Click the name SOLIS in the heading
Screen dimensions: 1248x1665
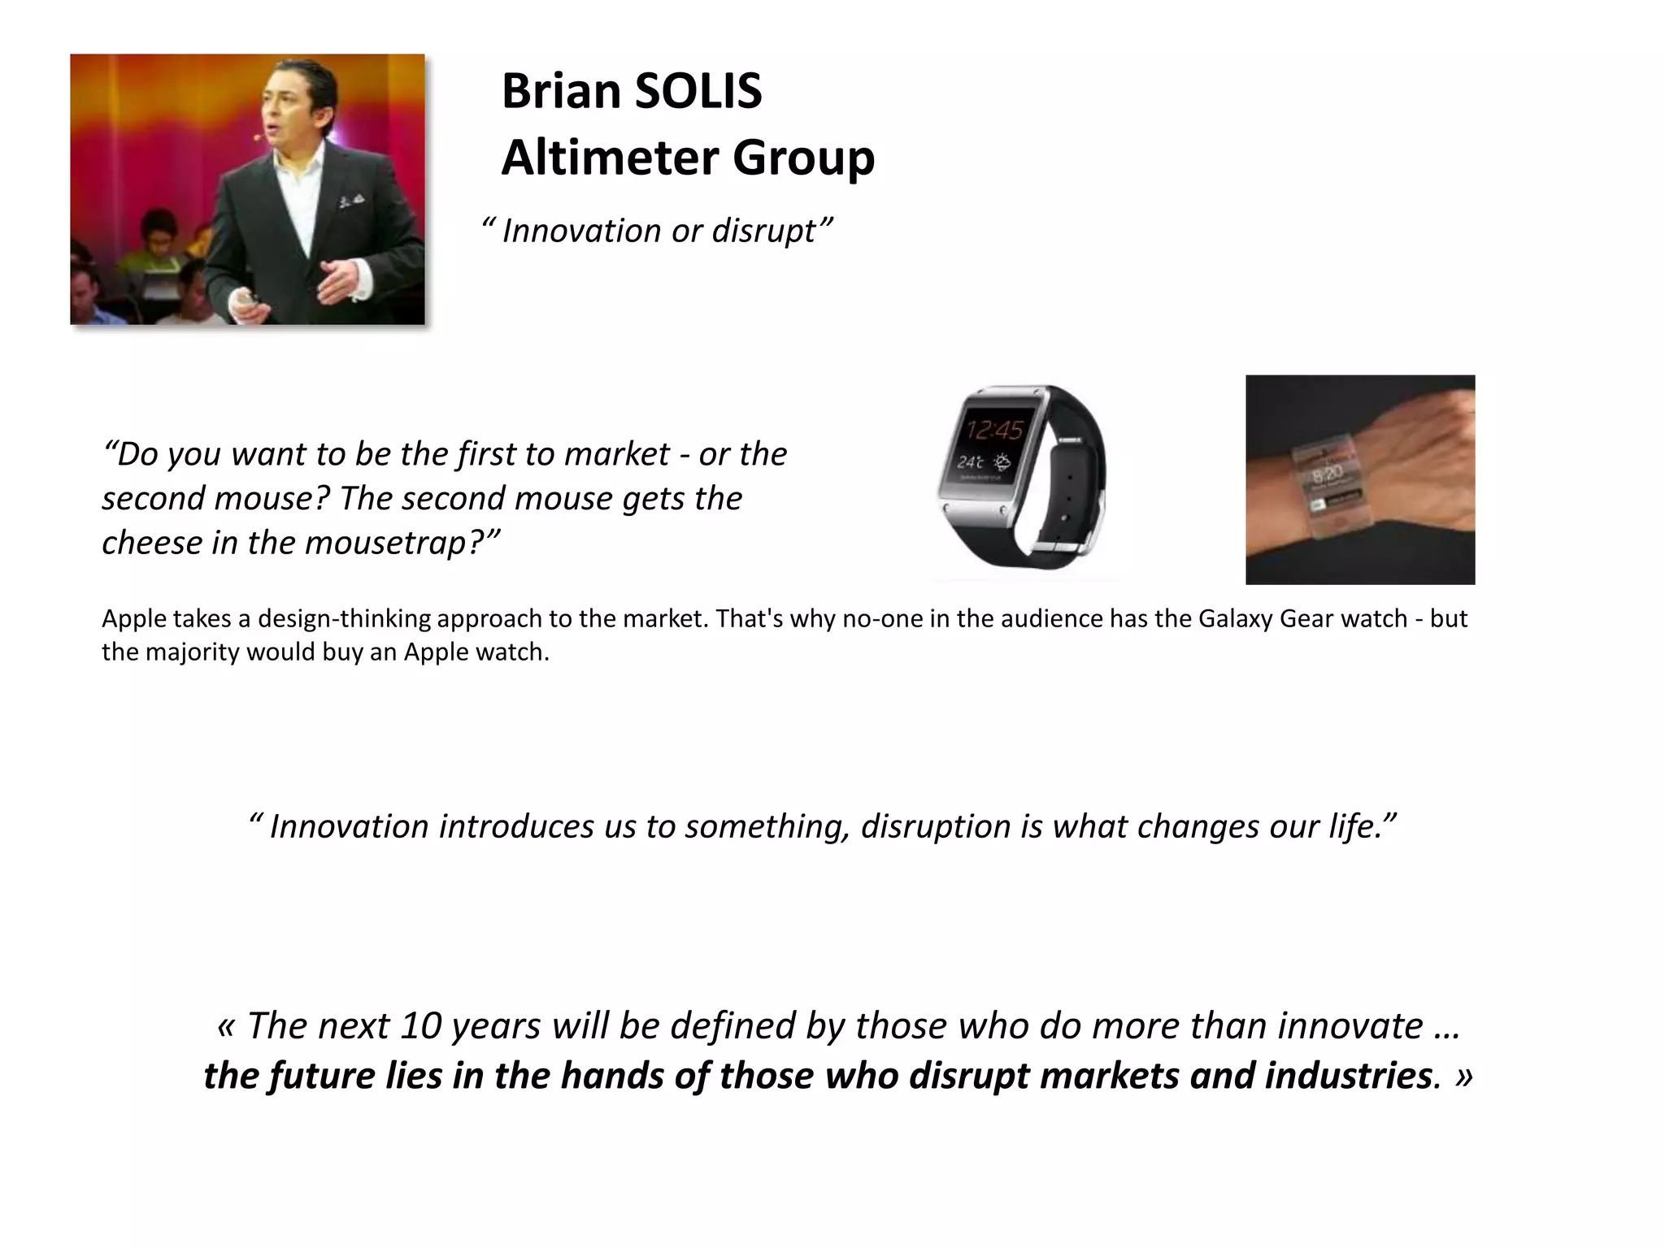coord(697,91)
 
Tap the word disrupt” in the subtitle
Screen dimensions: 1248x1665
coord(772,231)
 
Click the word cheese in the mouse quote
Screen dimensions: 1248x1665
coord(151,542)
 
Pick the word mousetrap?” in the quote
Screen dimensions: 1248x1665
coord(403,542)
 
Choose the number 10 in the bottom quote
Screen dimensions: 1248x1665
coord(420,1025)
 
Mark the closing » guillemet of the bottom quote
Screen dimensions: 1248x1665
coord(1464,1076)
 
